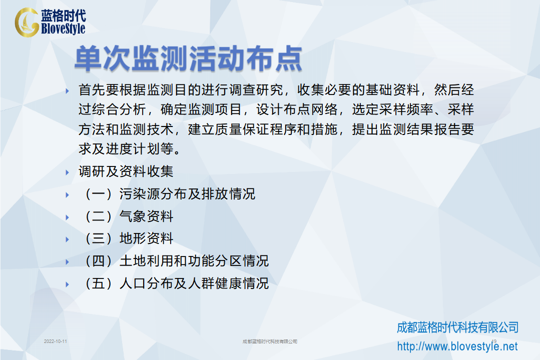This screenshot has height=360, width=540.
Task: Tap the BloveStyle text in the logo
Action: click(x=63, y=28)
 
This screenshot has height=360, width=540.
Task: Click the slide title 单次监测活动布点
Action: click(x=188, y=58)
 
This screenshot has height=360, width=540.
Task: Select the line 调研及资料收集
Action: click(x=126, y=171)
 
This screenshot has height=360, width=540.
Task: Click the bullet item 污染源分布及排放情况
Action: click(x=187, y=194)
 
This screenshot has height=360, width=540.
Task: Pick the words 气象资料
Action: click(x=146, y=216)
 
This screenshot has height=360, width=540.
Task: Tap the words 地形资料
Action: click(x=146, y=238)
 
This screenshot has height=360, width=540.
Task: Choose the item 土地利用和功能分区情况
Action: click(x=194, y=261)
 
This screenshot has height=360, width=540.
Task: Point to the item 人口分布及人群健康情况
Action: click(x=194, y=283)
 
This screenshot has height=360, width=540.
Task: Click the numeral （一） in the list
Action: click(x=99, y=194)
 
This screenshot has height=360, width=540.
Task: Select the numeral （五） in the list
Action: click(x=99, y=283)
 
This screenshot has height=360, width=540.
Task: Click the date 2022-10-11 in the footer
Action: click(x=56, y=341)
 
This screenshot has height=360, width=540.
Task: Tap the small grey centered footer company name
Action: click(x=270, y=341)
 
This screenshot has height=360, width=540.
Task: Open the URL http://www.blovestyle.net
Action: click(x=457, y=346)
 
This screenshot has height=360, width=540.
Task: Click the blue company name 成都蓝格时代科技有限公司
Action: click(x=458, y=327)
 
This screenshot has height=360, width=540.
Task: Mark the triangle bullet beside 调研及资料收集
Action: click(x=68, y=172)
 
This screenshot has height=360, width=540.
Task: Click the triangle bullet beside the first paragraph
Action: click(x=68, y=91)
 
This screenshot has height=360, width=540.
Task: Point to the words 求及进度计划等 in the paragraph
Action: click(x=126, y=149)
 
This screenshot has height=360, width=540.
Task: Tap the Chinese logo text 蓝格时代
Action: click(x=64, y=15)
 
